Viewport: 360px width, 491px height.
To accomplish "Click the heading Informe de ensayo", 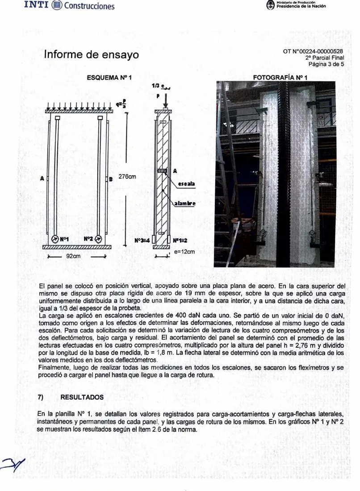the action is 91,54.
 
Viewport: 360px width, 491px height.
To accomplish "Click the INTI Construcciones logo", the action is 69,5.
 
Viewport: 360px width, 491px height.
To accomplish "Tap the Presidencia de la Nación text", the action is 301,6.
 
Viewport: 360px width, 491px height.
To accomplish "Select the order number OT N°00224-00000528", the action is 313,51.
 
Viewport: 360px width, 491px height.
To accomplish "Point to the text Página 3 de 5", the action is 326,64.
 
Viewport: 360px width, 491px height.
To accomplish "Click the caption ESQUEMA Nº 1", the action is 109,77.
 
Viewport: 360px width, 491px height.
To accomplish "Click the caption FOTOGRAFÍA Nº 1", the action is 280,77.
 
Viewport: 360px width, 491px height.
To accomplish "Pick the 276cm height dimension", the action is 127,177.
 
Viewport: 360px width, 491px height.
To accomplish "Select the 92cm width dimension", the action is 73,256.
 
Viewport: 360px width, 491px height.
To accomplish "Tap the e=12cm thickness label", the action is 184,251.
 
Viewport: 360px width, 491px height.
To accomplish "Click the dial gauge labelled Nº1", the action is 55,239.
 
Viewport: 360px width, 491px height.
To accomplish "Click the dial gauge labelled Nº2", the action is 98,239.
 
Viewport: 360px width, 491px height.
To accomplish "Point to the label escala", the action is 186,184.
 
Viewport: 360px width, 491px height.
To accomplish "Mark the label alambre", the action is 185,204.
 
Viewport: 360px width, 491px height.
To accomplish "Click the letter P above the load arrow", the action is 159,96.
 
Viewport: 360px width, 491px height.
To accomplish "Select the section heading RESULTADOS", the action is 82,397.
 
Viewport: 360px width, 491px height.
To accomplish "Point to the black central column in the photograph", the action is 281,173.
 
